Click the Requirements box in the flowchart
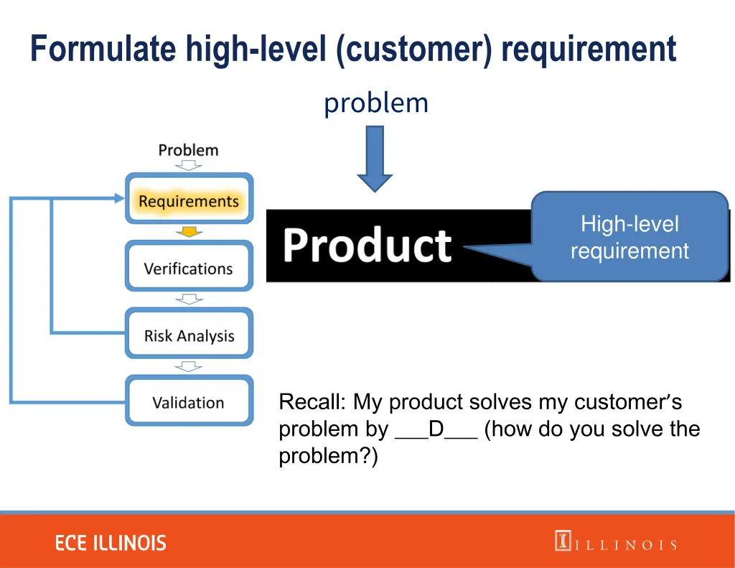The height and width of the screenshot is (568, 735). click(189, 201)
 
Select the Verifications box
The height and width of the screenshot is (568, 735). click(189, 269)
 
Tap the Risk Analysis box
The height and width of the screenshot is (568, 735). click(189, 335)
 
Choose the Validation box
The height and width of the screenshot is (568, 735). click(189, 402)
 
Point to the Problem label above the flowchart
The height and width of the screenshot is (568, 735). click(188, 150)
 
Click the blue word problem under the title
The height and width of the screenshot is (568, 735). click(375, 103)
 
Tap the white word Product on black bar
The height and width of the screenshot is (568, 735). click(367, 246)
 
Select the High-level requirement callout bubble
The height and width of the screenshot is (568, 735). click(629, 237)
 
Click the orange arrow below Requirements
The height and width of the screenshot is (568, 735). click(189, 232)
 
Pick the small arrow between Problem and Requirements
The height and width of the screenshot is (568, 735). click(189, 166)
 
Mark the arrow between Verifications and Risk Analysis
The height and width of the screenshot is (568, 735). click(189, 299)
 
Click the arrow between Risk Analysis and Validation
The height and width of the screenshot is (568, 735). click(189, 366)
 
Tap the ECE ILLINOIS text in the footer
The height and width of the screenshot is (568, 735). click(111, 543)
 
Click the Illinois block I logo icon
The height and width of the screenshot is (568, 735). click(563, 541)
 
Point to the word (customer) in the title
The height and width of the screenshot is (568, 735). click(414, 50)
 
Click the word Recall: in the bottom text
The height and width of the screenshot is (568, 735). click(313, 401)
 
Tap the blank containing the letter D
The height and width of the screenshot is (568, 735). click(436, 429)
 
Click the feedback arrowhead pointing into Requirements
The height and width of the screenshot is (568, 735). click(118, 198)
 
